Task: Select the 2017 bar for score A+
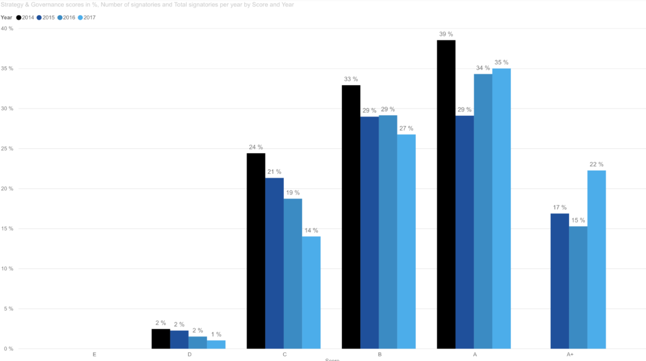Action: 596,259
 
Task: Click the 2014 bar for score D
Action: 161,338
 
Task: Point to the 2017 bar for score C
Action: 311,292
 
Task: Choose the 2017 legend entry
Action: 86,18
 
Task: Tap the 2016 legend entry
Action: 66,18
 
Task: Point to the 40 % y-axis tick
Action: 7,28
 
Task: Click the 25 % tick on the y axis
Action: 7,149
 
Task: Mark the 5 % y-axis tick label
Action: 8,309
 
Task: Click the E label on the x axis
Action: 94,355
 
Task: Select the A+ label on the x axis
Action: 570,355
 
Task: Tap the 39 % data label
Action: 446,34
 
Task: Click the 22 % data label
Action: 596,164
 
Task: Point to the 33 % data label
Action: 351,79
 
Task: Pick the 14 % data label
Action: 311,231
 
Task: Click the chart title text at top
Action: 146,4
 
